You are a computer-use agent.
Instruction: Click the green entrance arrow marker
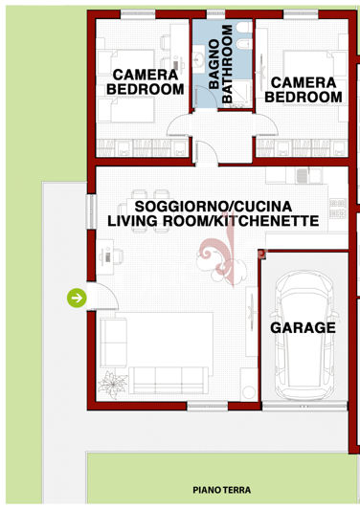click(77, 298)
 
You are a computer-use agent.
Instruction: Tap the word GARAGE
click(303, 327)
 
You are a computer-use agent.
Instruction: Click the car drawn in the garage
click(304, 334)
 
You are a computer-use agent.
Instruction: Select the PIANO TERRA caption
click(221, 490)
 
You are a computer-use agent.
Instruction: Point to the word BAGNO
click(214, 64)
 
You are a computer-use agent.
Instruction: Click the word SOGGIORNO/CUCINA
click(214, 207)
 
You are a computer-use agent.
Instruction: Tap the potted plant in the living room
click(112, 385)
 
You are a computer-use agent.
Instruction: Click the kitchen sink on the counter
click(304, 175)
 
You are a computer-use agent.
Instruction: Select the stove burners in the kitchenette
click(338, 209)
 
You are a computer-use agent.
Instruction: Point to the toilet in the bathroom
click(244, 27)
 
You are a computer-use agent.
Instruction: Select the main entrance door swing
click(102, 296)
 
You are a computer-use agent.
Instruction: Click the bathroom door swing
click(204, 97)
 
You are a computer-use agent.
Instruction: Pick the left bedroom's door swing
click(178, 124)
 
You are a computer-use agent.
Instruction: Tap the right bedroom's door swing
click(266, 124)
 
